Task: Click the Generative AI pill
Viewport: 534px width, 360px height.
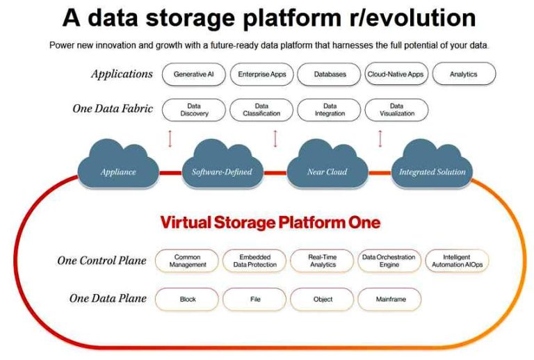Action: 194,74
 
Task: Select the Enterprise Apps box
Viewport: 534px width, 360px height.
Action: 261,74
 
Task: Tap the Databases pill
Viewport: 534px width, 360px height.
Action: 329,74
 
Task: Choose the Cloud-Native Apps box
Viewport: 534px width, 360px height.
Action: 396,74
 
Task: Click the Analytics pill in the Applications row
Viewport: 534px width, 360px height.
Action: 464,74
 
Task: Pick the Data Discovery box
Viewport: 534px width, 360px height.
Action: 194,110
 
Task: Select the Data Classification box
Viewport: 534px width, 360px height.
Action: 261,110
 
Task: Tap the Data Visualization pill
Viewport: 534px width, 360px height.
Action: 396,110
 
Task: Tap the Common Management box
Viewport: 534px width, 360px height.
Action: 187,261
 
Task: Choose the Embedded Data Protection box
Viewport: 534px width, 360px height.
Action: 254,261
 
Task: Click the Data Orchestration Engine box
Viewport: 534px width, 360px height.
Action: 389,261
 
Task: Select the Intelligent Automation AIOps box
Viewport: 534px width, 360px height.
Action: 457,261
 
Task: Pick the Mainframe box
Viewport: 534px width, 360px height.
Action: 389,299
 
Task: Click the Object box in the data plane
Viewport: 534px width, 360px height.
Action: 322,299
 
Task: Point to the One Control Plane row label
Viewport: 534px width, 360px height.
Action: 102,261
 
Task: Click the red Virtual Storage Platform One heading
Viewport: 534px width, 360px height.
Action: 270,222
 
